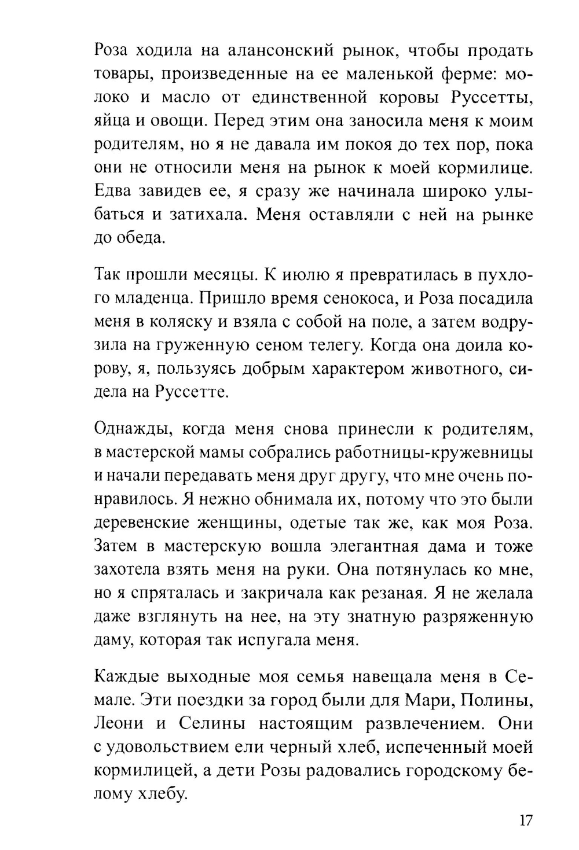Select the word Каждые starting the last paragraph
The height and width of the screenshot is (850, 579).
pyautogui.click(x=124, y=677)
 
